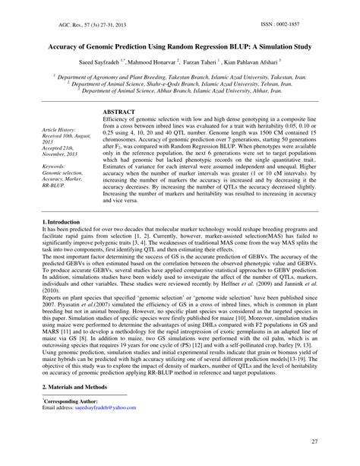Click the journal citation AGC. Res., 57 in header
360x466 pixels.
coord(72,25)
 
